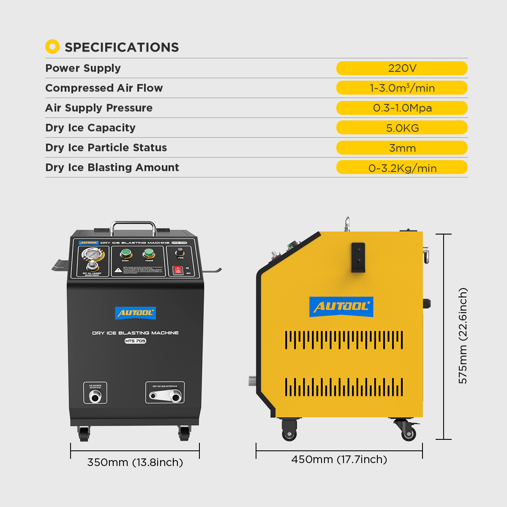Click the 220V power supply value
tap(402, 68)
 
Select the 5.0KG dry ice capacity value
tap(402, 128)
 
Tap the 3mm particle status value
tap(402, 148)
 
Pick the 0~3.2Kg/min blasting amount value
tap(402, 168)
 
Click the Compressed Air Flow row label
tap(104, 88)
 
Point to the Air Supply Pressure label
tap(99, 108)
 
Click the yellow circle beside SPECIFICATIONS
tap(52, 46)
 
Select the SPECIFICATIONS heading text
tap(122, 47)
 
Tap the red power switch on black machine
tap(178, 270)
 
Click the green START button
tap(125, 253)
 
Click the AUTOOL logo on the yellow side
tap(341, 307)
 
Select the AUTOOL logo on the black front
tap(136, 313)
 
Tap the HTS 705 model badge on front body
tap(135, 341)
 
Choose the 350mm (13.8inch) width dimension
tap(135, 462)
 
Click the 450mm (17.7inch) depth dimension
tap(339, 459)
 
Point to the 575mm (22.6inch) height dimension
tap(463, 336)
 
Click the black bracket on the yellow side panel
tap(358, 258)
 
